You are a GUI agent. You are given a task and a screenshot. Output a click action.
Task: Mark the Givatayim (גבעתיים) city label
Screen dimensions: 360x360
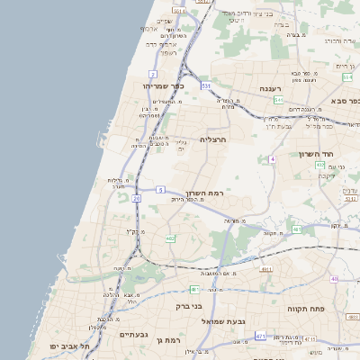(138, 334)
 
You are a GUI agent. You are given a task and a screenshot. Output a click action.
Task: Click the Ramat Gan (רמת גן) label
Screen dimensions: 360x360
(168, 340)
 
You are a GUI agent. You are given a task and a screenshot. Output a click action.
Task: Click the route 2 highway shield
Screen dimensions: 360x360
(154, 74)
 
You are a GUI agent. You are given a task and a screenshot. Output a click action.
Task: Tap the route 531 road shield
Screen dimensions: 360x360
(206, 85)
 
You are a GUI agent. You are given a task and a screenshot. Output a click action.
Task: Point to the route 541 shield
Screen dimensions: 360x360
(279, 100)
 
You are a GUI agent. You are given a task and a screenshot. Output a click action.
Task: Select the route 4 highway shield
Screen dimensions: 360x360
(271, 159)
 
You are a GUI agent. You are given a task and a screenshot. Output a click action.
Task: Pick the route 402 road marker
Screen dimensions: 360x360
(319, 166)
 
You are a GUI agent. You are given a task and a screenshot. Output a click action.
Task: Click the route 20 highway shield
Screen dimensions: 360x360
(137, 198)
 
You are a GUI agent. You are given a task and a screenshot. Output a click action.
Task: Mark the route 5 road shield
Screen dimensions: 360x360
(159, 190)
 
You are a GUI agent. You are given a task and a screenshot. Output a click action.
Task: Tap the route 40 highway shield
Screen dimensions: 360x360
(334, 279)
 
